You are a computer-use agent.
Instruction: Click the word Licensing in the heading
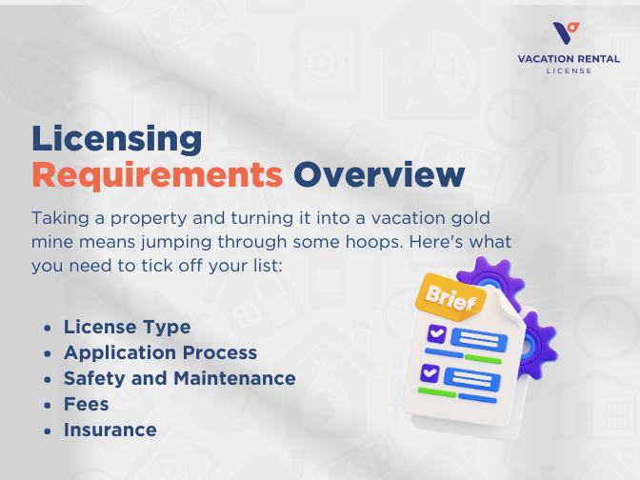(116, 139)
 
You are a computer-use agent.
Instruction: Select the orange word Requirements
(157, 175)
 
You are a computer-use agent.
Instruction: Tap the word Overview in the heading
(378, 175)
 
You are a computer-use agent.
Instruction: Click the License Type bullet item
(127, 328)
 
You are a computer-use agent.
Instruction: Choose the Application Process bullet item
(160, 352)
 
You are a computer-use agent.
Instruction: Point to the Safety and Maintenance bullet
(179, 378)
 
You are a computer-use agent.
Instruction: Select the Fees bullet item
(86, 404)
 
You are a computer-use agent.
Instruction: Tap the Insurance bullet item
(110, 430)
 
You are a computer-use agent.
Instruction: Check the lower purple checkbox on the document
(430, 371)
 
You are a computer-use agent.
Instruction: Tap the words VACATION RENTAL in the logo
(569, 59)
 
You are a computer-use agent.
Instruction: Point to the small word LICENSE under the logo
(569, 70)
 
